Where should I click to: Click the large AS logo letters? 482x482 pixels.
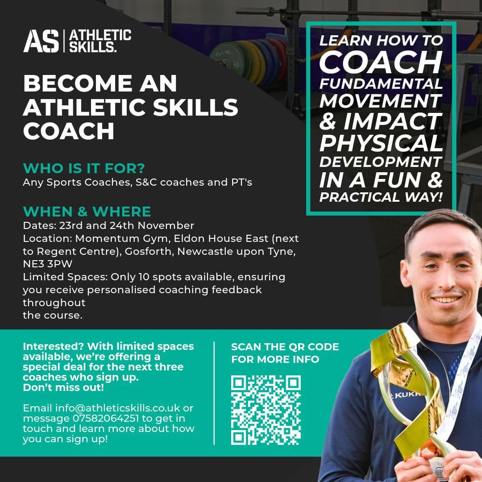pyautogui.click(x=41, y=41)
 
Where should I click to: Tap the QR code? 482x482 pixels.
pyautogui.click(x=266, y=410)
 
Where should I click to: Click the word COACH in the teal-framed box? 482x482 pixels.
pyautogui.click(x=381, y=62)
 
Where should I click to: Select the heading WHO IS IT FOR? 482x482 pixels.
pyautogui.click(x=83, y=168)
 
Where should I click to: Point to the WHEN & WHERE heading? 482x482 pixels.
pyautogui.click(x=87, y=212)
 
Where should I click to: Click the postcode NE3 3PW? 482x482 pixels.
pyautogui.click(x=48, y=264)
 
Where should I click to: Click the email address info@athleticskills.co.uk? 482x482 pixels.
pyautogui.click(x=117, y=408)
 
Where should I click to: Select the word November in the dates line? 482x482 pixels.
pyautogui.click(x=166, y=226)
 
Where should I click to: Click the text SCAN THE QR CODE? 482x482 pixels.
pyautogui.click(x=285, y=347)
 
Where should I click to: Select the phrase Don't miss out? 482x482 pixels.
pyautogui.click(x=63, y=387)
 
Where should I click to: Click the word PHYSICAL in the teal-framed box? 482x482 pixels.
pyautogui.click(x=381, y=143)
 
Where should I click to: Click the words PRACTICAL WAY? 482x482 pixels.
pyautogui.click(x=381, y=197)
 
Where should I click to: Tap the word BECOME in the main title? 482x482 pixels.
pyautogui.click(x=78, y=83)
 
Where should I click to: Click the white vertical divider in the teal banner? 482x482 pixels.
pyautogui.click(x=214, y=393)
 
